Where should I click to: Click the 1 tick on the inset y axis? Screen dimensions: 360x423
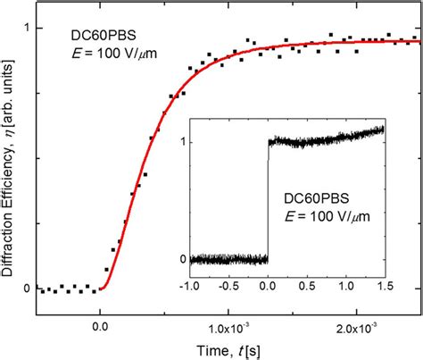[183, 140]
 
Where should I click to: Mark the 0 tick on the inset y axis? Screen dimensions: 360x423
[183, 260]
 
